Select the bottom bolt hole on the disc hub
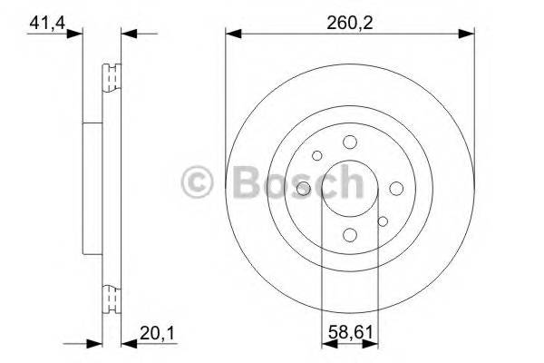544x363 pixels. point(350,235)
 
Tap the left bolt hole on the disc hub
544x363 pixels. point(303,188)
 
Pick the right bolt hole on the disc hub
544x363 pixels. point(397,188)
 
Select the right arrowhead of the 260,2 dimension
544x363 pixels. point(469,34)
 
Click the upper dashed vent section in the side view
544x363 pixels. point(112,79)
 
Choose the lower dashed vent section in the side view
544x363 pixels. point(112,297)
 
